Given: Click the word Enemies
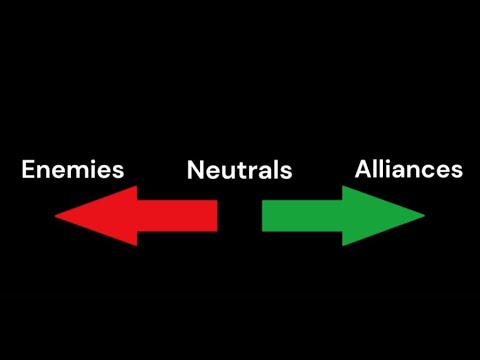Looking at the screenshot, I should (x=73, y=169).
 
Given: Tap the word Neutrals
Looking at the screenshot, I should (x=239, y=170).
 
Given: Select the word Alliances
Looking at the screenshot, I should (x=408, y=169).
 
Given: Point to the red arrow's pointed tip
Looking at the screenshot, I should (x=56, y=215).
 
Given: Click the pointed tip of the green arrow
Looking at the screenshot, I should (x=424, y=215).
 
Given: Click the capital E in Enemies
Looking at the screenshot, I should (x=28, y=169).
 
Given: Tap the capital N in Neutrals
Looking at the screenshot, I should (x=195, y=170).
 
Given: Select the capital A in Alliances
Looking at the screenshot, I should (x=363, y=169).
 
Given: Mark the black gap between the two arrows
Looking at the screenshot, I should (x=240, y=215).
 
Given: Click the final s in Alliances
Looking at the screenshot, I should (x=456, y=170).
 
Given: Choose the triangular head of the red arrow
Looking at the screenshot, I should (x=105, y=215).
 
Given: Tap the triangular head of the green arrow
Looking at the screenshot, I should (x=375, y=215).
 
